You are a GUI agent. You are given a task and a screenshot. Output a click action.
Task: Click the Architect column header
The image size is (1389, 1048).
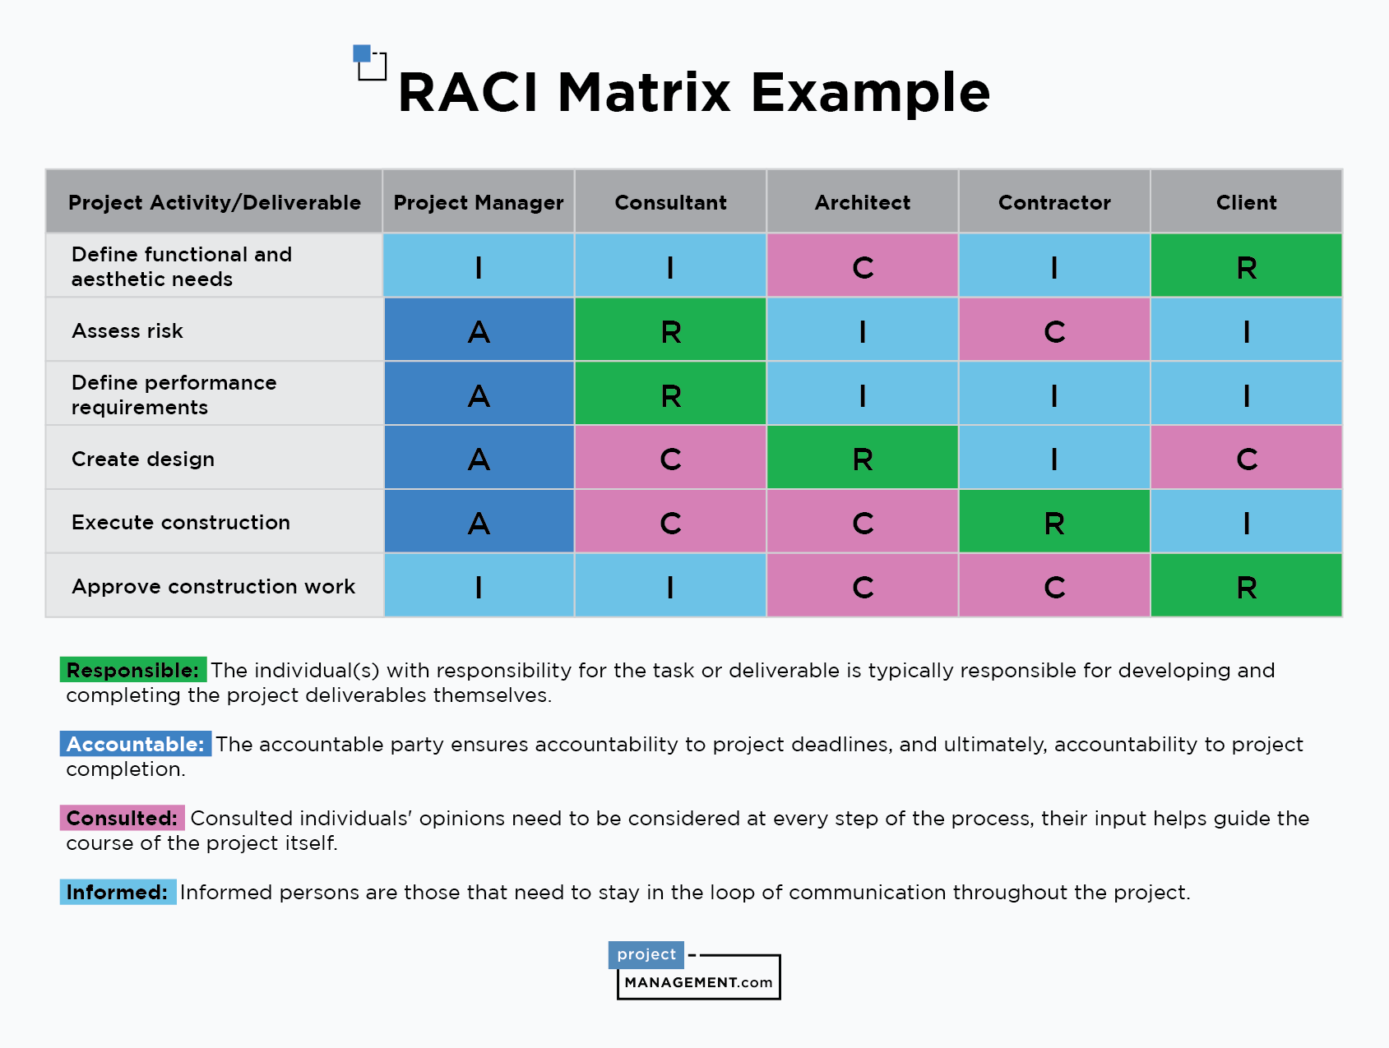click(x=863, y=202)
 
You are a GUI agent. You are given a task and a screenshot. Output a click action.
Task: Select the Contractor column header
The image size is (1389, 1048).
click(x=1054, y=202)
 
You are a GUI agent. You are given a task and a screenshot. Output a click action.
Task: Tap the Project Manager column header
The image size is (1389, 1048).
click(x=479, y=202)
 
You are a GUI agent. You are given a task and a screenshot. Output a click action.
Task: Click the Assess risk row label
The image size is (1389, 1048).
click(x=127, y=330)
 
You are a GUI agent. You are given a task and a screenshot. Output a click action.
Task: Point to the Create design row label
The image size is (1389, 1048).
click(x=143, y=459)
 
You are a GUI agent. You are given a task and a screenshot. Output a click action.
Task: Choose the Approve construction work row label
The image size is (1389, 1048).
click(x=214, y=586)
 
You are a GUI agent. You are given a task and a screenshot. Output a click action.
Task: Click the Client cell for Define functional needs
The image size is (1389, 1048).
click(x=1247, y=265)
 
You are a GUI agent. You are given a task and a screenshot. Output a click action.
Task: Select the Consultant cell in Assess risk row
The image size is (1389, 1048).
click(x=670, y=330)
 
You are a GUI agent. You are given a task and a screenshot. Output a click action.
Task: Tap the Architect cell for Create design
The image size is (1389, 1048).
click(x=863, y=457)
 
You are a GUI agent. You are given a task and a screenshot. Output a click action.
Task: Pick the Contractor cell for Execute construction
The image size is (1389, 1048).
click(x=1054, y=521)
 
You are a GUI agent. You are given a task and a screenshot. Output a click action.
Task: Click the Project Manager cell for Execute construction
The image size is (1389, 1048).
click(x=479, y=521)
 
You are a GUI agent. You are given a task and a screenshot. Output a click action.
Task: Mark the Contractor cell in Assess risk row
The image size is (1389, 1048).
click(x=1054, y=330)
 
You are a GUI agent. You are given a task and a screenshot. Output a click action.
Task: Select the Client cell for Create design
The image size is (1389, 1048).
click(x=1247, y=457)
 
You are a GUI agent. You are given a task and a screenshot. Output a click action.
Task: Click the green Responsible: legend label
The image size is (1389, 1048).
click(x=133, y=670)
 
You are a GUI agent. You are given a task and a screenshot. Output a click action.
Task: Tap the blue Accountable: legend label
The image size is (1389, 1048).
click(x=136, y=744)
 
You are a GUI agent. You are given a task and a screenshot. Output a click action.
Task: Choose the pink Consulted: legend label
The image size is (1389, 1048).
click(x=123, y=818)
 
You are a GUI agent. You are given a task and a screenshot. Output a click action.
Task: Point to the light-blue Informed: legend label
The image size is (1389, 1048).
click(x=118, y=892)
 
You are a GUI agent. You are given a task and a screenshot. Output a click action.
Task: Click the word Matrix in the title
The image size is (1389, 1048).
click(x=644, y=92)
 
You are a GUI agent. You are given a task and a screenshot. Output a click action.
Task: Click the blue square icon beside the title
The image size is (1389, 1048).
click(x=362, y=53)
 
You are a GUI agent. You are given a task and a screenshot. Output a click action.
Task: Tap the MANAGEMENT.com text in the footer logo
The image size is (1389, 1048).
click(x=699, y=982)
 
